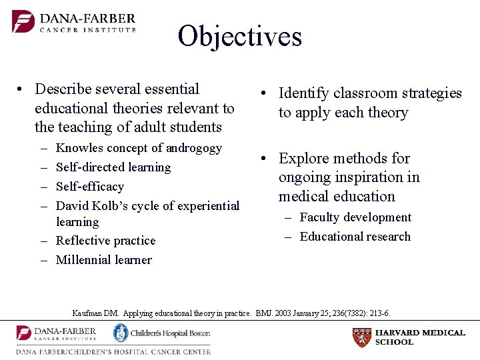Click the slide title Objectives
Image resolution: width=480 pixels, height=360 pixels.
(239, 36)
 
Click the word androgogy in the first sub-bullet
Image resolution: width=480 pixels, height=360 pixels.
(193, 148)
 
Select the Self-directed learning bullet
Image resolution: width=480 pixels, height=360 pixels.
(113, 167)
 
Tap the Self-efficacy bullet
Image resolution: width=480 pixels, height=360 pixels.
(90, 187)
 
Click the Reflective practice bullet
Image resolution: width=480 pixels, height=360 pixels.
(105, 241)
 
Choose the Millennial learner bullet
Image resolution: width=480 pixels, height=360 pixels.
(103, 260)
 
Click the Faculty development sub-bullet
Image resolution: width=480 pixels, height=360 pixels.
(355, 217)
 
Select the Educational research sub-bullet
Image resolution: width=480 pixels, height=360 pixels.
(355, 237)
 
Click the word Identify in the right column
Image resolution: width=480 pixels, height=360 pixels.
(303, 93)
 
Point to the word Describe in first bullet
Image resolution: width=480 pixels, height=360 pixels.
(63, 89)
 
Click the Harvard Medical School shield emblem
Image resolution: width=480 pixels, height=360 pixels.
(361, 337)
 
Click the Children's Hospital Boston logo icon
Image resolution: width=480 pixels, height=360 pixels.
(121, 333)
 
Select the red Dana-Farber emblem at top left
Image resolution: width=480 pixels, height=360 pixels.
(23, 21)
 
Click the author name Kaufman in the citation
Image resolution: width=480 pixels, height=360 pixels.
(85, 313)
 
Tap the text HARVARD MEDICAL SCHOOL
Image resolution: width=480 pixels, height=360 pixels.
(420, 337)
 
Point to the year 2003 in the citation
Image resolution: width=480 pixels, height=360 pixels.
(279, 313)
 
